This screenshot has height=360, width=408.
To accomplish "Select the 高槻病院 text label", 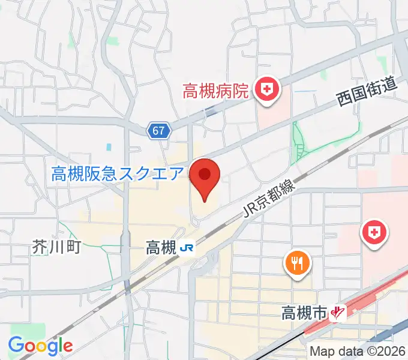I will coord(215,91).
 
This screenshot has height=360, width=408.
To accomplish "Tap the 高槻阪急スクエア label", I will coord(117,174).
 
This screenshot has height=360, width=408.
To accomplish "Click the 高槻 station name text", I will coord(160,247).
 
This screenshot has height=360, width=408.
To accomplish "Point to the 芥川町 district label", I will coord(56,246).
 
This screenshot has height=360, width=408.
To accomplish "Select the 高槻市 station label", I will coord(304,312).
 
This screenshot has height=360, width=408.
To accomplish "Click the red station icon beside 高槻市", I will coord(340,312).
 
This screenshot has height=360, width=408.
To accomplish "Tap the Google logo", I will coord(40,345).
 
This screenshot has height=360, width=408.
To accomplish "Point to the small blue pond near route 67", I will coord(109,146).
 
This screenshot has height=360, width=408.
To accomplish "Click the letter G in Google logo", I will coord(16,345).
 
